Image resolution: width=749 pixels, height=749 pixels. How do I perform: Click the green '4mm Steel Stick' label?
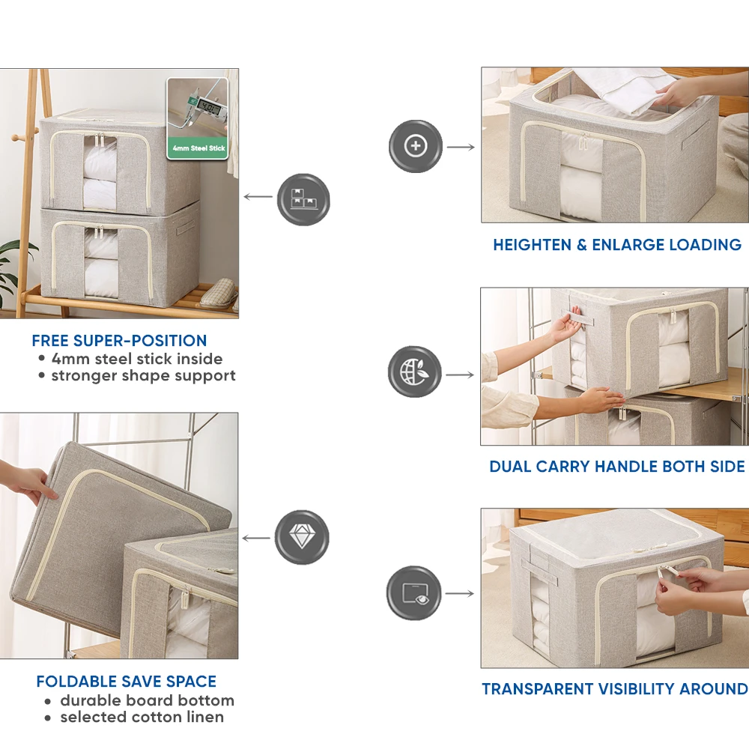[x=197, y=148]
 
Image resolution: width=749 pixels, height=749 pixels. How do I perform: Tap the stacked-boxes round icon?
[x=303, y=199]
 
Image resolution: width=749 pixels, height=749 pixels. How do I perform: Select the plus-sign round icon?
[x=416, y=146]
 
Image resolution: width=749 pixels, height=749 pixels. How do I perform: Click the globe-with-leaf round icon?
[x=415, y=372]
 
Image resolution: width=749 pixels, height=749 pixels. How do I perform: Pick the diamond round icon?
[x=302, y=537]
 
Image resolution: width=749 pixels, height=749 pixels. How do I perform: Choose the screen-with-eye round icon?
[x=413, y=593]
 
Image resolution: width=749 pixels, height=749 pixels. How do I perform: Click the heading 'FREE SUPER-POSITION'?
[x=119, y=341]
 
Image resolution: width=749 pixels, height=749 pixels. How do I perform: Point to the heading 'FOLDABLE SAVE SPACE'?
[x=126, y=682]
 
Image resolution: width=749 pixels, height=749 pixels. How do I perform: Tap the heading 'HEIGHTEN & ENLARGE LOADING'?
[x=616, y=245]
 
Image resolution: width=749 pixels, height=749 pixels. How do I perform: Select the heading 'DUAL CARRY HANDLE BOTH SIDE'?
[x=616, y=467]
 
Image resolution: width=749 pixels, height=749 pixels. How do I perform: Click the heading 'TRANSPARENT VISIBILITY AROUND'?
[x=614, y=689]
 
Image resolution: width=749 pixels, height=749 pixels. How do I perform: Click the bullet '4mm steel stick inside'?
[x=136, y=358]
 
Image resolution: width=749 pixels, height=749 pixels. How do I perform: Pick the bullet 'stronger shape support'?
[x=142, y=375]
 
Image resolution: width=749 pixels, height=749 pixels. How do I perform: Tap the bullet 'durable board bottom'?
[x=147, y=700]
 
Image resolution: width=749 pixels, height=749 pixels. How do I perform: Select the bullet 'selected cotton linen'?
[x=142, y=717]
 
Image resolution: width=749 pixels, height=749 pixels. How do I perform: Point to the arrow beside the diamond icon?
[x=257, y=538]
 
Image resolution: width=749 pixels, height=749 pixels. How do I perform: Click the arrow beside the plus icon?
[x=461, y=147]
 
